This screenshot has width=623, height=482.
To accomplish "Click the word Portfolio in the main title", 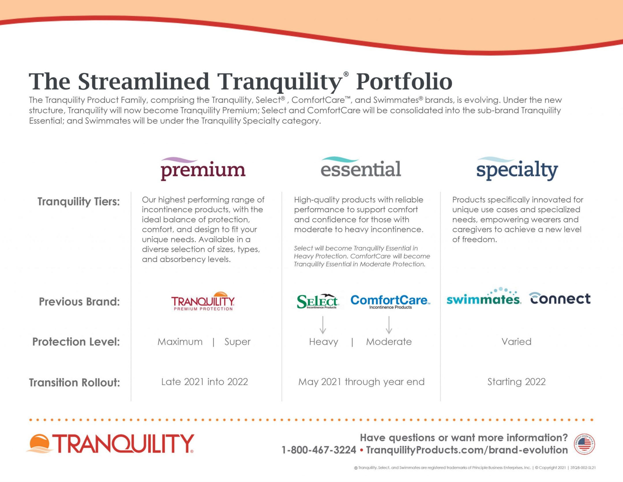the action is coord(404,82).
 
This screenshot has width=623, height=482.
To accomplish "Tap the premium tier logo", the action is coord(203,169).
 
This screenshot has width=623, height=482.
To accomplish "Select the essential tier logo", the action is coord(361,167).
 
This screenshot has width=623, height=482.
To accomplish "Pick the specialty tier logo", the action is coord(517,169).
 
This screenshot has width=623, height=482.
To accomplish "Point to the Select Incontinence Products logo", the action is coord(318,302).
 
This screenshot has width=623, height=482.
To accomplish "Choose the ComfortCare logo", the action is coord(390,302).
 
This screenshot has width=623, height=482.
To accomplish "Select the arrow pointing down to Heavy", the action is coord(323,325).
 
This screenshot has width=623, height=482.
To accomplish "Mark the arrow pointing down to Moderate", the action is coord(389,325).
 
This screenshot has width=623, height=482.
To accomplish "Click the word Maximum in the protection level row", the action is coord(180,342).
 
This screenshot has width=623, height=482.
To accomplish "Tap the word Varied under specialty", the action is coord(516,342).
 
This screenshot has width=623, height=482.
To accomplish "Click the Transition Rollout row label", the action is coord(74,382).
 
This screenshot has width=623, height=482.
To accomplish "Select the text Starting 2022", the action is coord(516,382).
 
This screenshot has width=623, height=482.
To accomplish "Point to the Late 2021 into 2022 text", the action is coord(204,382).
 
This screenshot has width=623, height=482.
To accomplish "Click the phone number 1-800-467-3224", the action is coord(319,450).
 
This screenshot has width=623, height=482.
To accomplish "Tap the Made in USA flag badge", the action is coord(584,444).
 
